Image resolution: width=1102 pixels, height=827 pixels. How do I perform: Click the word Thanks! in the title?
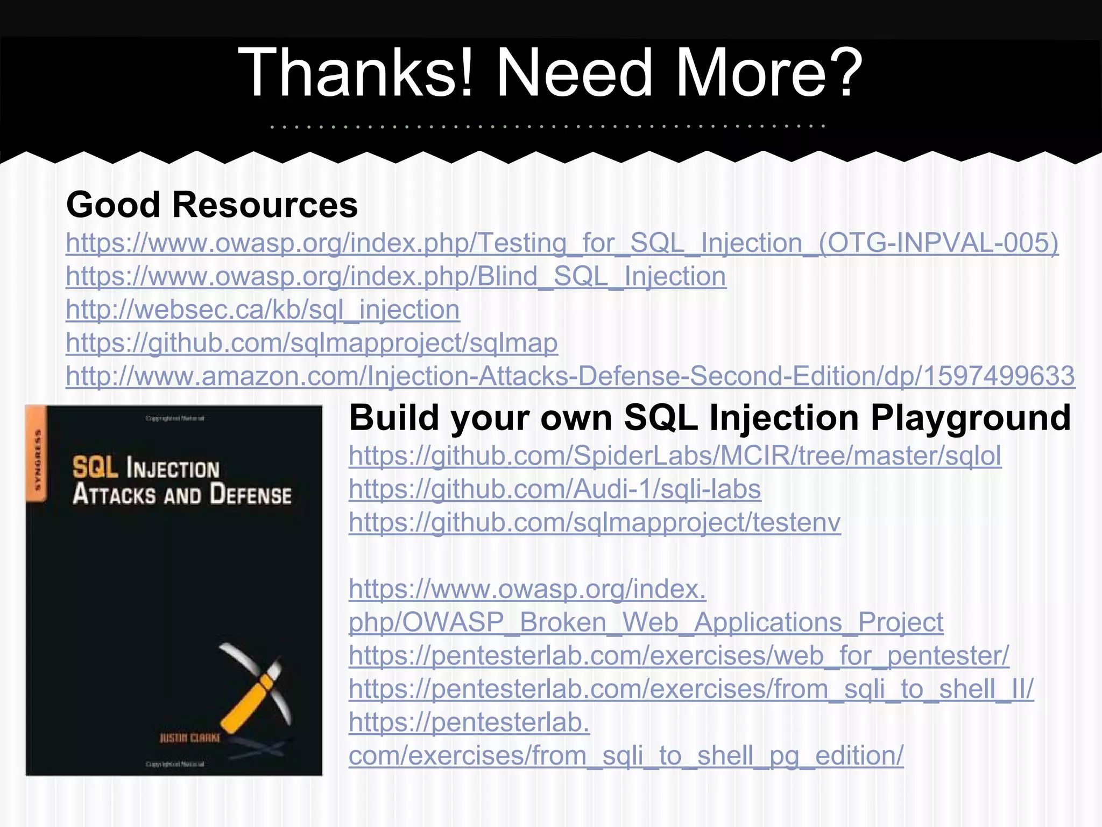(355, 73)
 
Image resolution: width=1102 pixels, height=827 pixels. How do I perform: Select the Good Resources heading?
(212, 205)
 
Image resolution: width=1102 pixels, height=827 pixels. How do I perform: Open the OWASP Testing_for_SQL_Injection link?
(562, 243)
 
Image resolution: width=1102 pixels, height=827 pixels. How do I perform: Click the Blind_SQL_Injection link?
(396, 276)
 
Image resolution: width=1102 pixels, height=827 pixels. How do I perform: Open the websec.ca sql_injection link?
(263, 310)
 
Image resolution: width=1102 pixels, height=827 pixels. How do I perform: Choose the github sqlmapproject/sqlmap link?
(312, 343)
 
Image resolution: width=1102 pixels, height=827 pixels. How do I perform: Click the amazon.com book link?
(570, 376)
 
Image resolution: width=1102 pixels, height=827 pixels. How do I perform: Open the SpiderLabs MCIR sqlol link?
(675, 455)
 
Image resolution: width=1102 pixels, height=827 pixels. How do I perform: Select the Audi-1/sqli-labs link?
(555, 489)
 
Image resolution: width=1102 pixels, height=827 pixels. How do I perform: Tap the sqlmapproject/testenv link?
(595, 522)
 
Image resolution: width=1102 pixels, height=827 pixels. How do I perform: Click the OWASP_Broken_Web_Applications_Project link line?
(646, 622)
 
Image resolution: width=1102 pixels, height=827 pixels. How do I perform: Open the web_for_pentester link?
(679, 656)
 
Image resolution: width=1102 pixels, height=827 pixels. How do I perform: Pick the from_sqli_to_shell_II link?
(691, 689)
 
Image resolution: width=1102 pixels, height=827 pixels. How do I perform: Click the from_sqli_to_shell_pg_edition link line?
(626, 755)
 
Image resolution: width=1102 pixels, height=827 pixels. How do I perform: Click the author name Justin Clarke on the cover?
(189, 738)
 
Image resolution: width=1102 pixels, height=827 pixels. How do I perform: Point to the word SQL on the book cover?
(95, 467)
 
